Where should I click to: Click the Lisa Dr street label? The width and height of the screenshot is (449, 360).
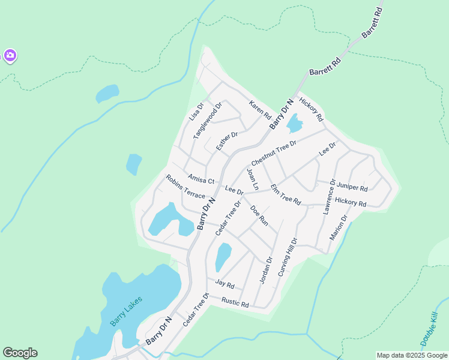point(196,112)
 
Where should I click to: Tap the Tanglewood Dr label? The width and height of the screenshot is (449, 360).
point(208,121)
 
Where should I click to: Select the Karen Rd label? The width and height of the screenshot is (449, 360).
point(261,109)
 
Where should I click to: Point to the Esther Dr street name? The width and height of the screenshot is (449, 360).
point(228,141)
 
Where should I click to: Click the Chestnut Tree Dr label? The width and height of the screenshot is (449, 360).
point(274,154)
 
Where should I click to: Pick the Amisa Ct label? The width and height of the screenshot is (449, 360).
point(200,179)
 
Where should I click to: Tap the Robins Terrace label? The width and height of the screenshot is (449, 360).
point(185,186)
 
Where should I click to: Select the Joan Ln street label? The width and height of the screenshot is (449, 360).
point(253,179)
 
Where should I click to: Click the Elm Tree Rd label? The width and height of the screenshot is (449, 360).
point(285,194)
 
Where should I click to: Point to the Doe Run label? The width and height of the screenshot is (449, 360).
point(259,215)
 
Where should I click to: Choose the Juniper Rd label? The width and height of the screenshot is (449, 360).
point(352,186)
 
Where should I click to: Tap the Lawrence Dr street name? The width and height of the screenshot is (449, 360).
point(329,196)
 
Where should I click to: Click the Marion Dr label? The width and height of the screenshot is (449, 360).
point(339,227)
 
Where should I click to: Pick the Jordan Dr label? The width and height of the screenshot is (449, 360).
point(266,270)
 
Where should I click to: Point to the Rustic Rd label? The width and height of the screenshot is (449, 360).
point(235,302)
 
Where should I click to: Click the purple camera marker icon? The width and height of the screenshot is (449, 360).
point(10,56)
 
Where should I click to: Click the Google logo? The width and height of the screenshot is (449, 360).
point(20,353)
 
